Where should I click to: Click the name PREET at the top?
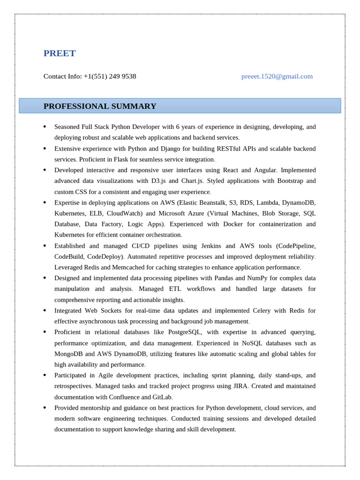click(x=60, y=53)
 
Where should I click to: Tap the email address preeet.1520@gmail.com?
click(x=277, y=76)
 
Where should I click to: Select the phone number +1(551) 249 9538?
click(x=110, y=76)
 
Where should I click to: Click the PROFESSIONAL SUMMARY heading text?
click(x=100, y=106)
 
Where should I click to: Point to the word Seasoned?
click(x=68, y=127)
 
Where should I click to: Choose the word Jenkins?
click(x=211, y=246)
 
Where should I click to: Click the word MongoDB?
click(x=68, y=354)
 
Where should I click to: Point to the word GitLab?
click(x=161, y=397)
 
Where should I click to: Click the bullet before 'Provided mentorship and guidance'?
click(x=45, y=408)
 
